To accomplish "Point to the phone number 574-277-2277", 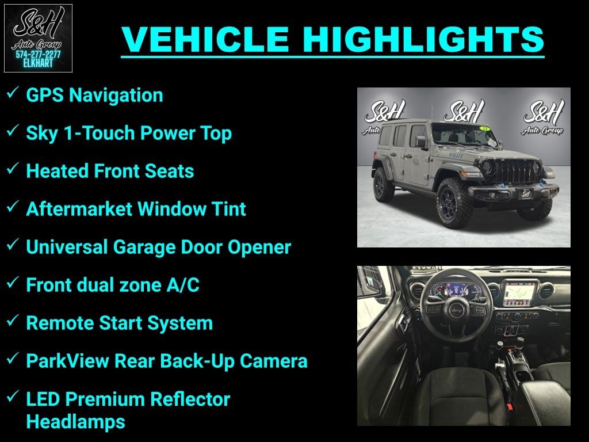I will [x=38, y=54].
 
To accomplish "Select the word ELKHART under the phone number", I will [x=38, y=63].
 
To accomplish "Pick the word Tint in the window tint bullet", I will [x=229, y=209].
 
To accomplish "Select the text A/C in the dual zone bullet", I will [x=182, y=285].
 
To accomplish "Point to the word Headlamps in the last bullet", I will [x=75, y=422].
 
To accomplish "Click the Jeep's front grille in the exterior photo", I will [x=513, y=172].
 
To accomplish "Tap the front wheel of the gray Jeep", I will [x=454, y=203].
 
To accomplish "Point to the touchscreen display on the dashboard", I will [x=518, y=294].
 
